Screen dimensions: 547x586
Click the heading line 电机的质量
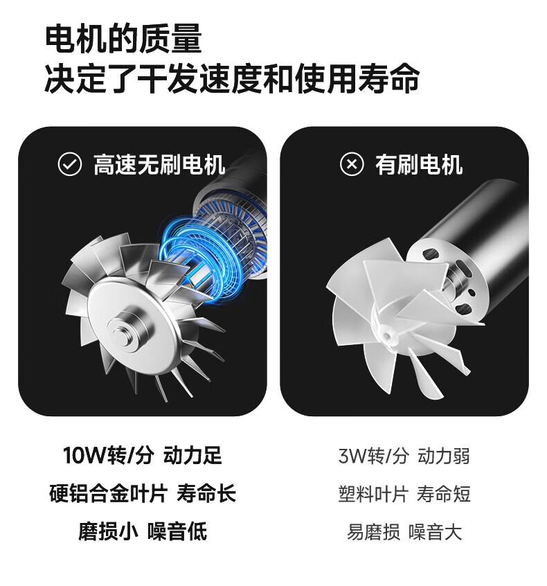click(123, 39)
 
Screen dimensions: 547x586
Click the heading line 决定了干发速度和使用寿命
click(232, 78)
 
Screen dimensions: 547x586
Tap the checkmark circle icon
click(70, 164)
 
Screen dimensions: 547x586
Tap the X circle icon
click(352, 164)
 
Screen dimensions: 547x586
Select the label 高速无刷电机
click(159, 164)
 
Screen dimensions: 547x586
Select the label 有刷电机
click(419, 164)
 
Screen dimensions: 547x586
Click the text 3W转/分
click(374, 456)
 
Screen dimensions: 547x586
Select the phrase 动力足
click(192, 456)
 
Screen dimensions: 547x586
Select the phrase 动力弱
click(444, 456)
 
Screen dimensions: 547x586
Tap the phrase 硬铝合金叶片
click(108, 494)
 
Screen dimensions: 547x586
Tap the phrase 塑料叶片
click(373, 494)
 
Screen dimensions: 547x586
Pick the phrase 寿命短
click(444, 494)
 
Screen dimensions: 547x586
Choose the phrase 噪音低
click(177, 531)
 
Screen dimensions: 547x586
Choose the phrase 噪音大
click(436, 532)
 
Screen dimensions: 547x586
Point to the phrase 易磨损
click(373, 532)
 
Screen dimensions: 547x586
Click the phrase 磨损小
click(108, 531)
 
